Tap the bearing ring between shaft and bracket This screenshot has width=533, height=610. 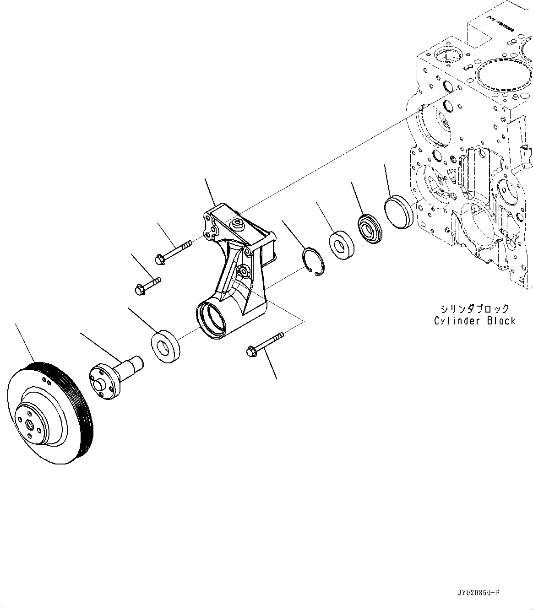click(x=165, y=346)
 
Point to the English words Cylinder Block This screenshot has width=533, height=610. click(x=474, y=321)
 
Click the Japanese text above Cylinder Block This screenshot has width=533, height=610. click(x=474, y=309)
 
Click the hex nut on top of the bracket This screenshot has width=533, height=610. click(x=237, y=223)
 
